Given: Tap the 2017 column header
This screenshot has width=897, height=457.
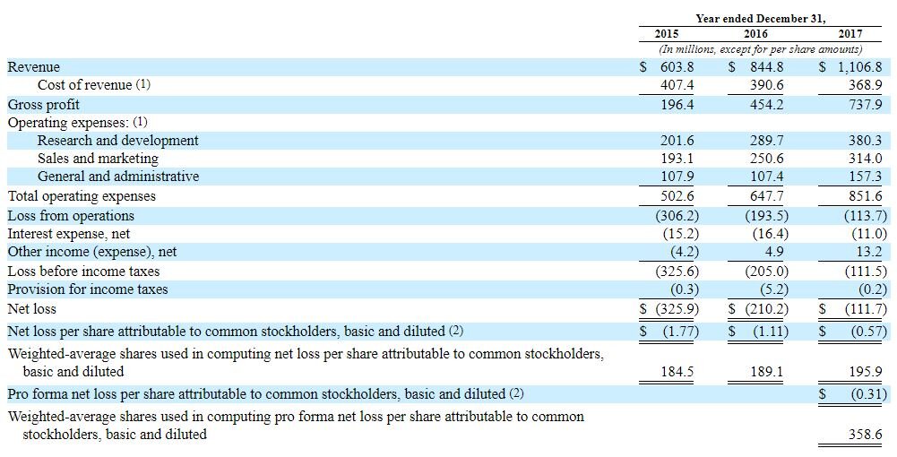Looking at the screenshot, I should click(x=850, y=34).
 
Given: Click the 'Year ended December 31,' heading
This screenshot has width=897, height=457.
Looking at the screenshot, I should click(x=760, y=18).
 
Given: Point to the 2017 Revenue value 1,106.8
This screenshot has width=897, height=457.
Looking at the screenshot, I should click(x=858, y=67).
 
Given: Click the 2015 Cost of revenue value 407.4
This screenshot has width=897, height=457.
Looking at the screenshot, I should click(x=677, y=85).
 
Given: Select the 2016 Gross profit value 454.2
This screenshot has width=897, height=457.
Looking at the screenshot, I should click(x=767, y=105).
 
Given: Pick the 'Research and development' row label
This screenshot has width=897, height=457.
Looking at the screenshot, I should click(x=117, y=141).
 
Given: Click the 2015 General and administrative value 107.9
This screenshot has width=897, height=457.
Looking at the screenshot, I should click(x=677, y=177).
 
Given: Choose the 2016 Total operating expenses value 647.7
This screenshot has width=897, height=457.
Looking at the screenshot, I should click(x=767, y=196).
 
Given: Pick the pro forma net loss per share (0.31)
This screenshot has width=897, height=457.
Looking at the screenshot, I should click(x=865, y=393).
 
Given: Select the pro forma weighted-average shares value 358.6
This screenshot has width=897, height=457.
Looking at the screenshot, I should click(x=865, y=435).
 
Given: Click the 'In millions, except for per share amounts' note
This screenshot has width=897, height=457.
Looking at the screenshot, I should click(x=760, y=49).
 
